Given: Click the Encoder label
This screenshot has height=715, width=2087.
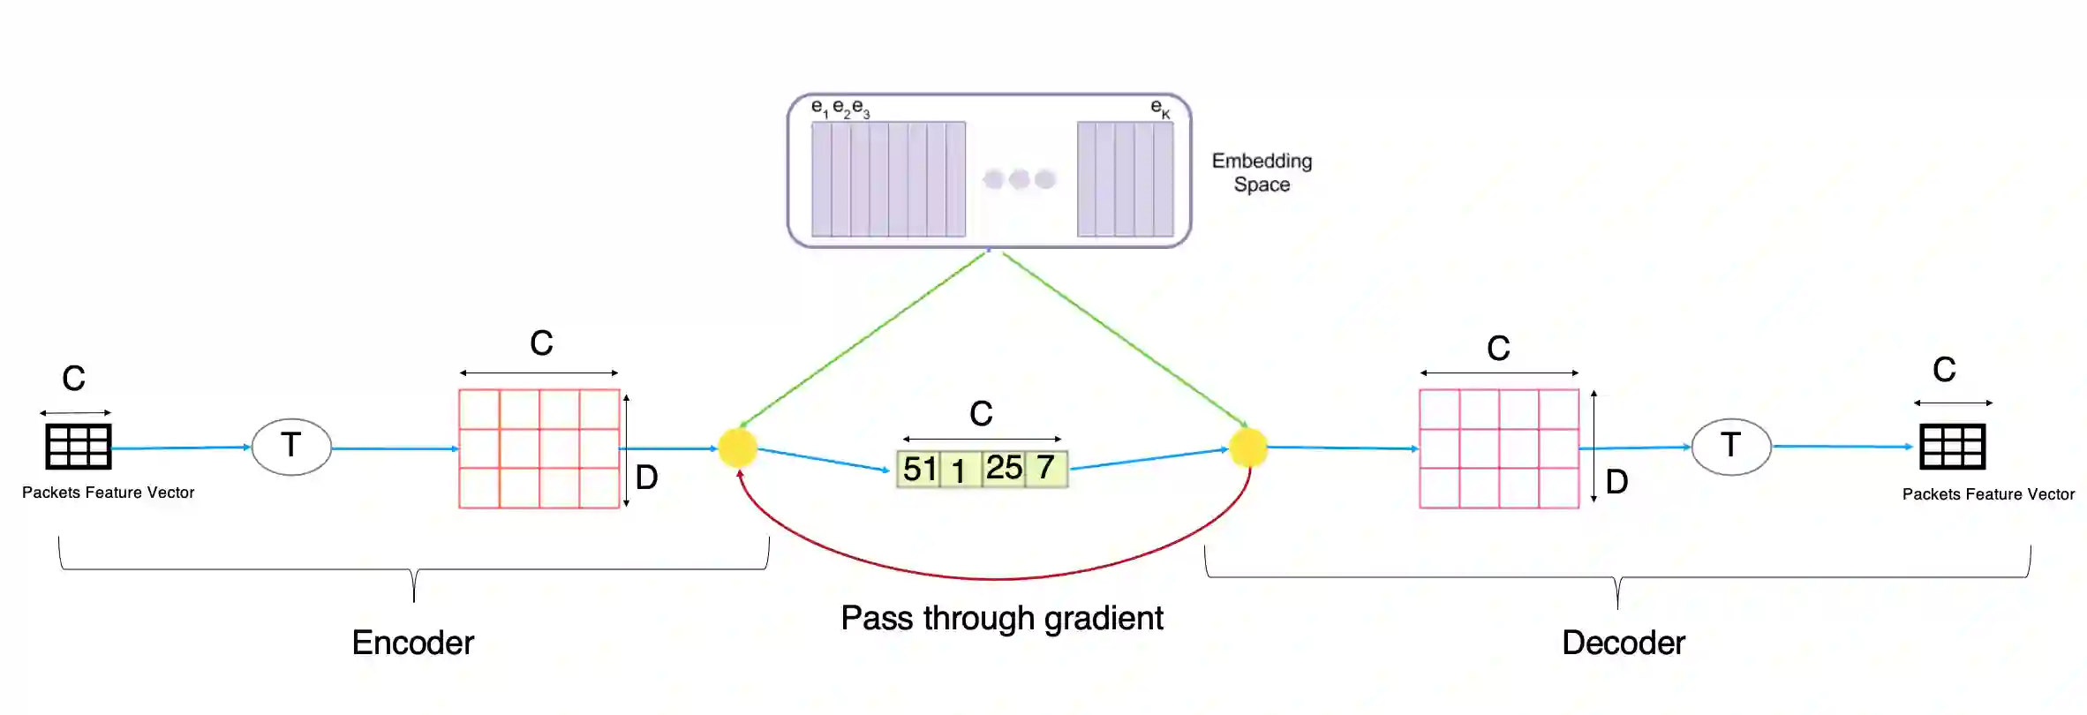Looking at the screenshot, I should pos(412,643).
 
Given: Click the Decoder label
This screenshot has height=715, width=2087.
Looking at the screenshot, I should pos(1623,643).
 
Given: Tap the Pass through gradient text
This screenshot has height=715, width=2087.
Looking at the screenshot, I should pos(1001,618).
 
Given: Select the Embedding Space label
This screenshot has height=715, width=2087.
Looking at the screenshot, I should pos(1262,172).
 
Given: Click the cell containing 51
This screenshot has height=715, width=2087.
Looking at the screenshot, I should pos(919,469).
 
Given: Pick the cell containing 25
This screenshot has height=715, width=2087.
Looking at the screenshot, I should pos(1004,468).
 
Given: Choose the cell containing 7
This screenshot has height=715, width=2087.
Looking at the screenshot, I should pos(1046,467).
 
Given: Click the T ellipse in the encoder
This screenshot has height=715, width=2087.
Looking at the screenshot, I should pos(291,447).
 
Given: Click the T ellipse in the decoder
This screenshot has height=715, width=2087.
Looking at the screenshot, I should pos(1730,447).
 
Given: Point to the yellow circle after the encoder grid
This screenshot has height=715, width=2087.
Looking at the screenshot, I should pos(737,448).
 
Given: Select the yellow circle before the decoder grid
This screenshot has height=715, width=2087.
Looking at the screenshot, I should pos(1248,448).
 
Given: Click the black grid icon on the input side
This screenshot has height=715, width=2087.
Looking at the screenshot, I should pos(79,447).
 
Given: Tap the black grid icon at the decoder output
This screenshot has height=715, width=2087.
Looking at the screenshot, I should pos(1952,447).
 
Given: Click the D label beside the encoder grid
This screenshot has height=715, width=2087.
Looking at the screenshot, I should pos(646,478).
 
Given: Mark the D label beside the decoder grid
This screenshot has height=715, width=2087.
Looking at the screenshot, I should pos(1616,482).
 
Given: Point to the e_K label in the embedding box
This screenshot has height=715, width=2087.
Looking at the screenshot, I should pos(1160,109).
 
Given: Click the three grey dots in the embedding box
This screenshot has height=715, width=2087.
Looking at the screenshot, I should pos(1019,179).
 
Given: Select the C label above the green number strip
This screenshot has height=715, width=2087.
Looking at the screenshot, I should pos(981,413).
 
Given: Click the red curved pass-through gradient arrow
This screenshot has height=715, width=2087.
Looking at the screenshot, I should pos(995,578).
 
